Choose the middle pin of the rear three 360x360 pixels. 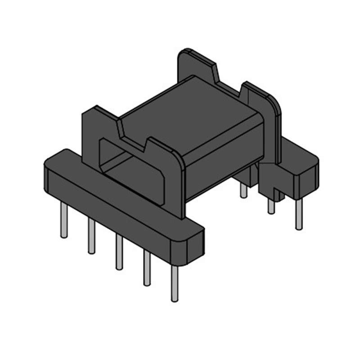271,205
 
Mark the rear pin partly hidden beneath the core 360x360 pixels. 243,190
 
